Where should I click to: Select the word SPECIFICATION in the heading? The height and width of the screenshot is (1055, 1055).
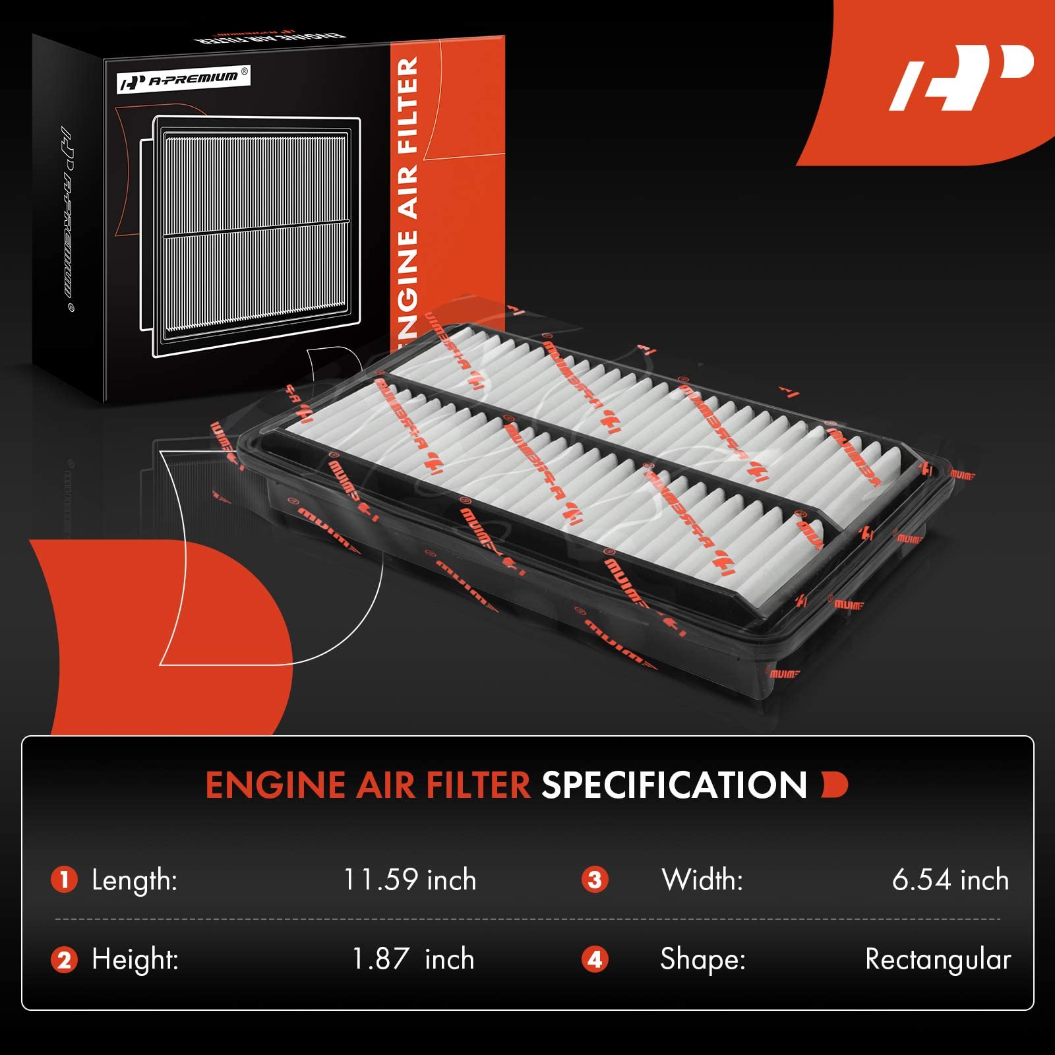(674, 785)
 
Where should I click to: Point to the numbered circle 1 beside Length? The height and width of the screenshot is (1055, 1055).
(65, 880)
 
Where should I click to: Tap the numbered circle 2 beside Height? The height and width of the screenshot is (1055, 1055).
(65, 959)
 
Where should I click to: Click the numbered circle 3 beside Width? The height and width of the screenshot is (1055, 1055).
(595, 880)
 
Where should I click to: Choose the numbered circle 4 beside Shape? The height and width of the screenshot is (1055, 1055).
(595, 959)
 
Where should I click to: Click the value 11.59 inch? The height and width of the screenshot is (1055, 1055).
(409, 880)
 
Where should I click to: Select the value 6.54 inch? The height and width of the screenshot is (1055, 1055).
(950, 880)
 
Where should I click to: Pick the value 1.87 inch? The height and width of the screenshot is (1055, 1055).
(413, 959)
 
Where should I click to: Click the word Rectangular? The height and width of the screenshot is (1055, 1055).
(938, 959)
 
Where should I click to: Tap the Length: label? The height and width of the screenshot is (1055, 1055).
(135, 880)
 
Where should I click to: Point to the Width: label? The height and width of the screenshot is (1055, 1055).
(702, 880)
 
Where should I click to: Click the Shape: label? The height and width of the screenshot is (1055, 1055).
(703, 959)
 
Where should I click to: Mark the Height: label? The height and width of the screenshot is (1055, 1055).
(135, 959)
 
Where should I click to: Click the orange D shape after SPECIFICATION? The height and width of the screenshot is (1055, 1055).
(835, 785)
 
